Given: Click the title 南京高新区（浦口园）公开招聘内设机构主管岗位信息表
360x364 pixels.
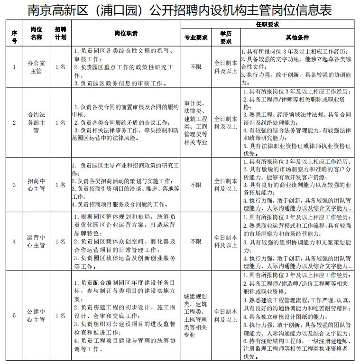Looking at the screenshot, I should (x=179, y=10).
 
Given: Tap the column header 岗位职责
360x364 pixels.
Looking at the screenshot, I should (x=126, y=33).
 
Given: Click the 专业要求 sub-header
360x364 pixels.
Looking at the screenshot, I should (x=195, y=37).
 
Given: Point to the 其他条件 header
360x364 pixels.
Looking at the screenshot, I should (x=297, y=37).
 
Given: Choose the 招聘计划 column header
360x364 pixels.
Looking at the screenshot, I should (x=60, y=33).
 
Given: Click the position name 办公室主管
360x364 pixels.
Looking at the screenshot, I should (x=36, y=67).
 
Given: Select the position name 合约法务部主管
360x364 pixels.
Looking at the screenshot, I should (x=36, y=122).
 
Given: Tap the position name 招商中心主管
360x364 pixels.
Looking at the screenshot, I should (x=36, y=185).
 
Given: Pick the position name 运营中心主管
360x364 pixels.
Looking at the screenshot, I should (x=36, y=241).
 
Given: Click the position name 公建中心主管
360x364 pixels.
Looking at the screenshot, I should (x=36, y=315).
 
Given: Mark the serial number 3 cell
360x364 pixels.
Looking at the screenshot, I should (x=14, y=185).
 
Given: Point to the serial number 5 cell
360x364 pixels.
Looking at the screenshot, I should (x=14, y=315).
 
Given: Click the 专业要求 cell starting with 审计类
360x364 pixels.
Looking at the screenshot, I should (x=195, y=122).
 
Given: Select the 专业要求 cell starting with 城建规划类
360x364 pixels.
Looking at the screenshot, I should (x=195, y=315).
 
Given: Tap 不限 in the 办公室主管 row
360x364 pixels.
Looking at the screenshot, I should (x=195, y=67).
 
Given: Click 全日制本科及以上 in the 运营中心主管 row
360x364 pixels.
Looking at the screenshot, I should (x=225, y=241).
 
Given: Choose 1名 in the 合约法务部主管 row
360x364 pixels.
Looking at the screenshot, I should (x=60, y=122).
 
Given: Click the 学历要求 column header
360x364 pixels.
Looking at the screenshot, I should (x=225, y=37).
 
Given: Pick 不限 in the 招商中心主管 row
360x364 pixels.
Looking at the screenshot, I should (x=195, y=185).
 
